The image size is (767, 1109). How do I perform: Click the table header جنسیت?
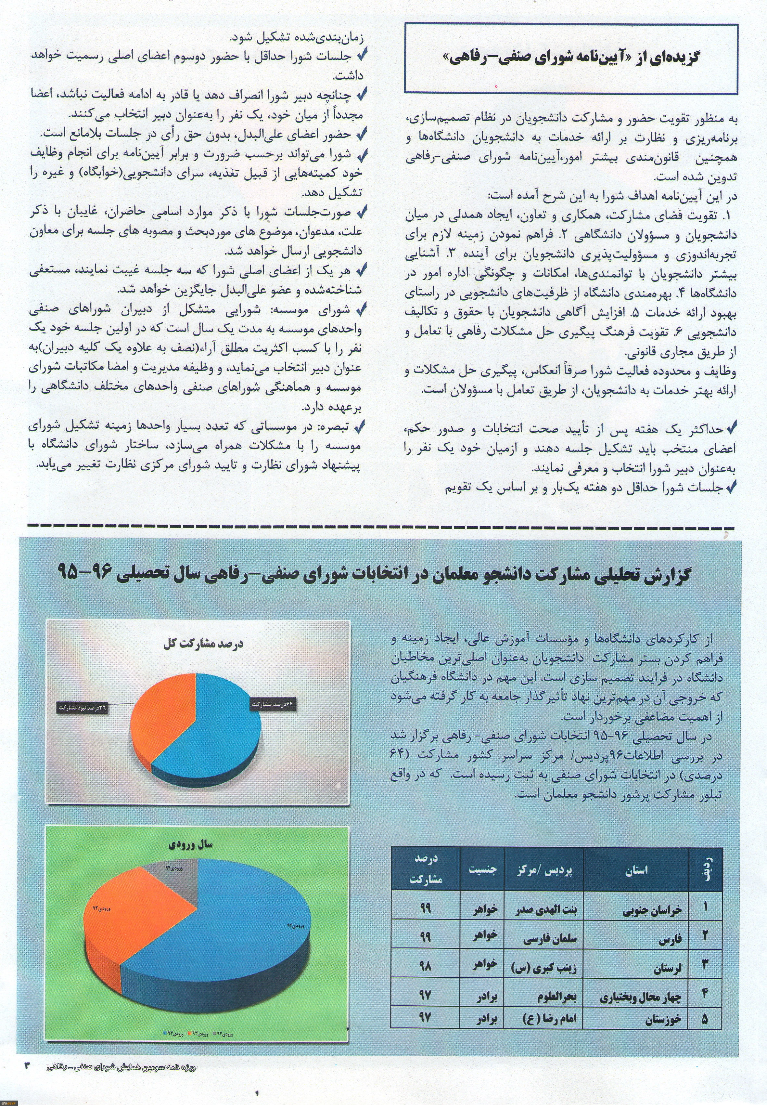(x=482, y=869)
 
